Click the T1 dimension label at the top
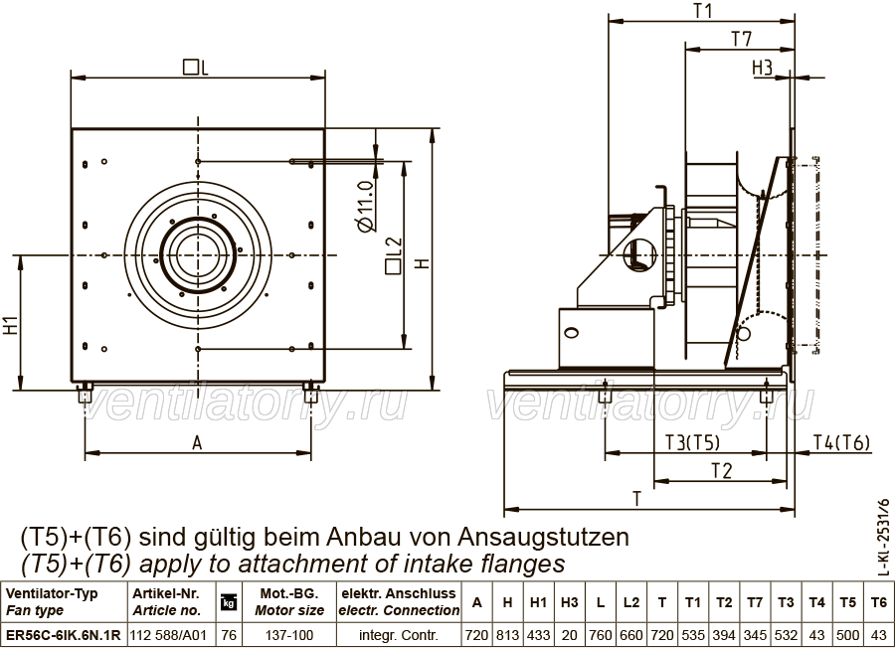(704, 11)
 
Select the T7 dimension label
(742, 40)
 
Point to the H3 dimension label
(762, 68)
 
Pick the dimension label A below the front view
(197, 442)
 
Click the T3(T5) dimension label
(692, 442)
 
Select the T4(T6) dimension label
(841, 442)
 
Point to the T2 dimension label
(722, 471)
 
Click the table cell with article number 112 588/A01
(168, 635)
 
